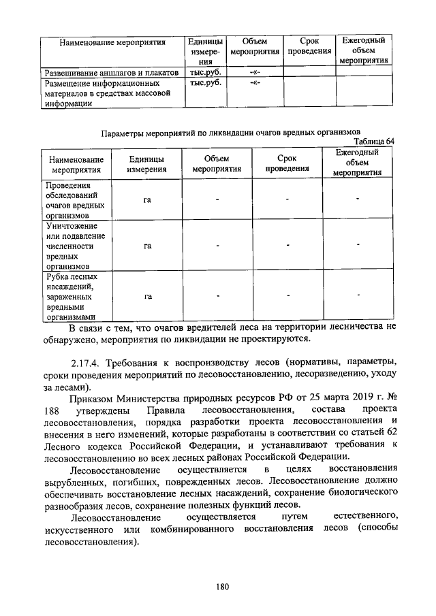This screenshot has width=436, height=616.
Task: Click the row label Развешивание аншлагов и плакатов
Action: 111,71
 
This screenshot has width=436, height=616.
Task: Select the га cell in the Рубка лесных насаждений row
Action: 147,296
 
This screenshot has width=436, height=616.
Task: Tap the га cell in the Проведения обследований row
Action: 147,199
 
